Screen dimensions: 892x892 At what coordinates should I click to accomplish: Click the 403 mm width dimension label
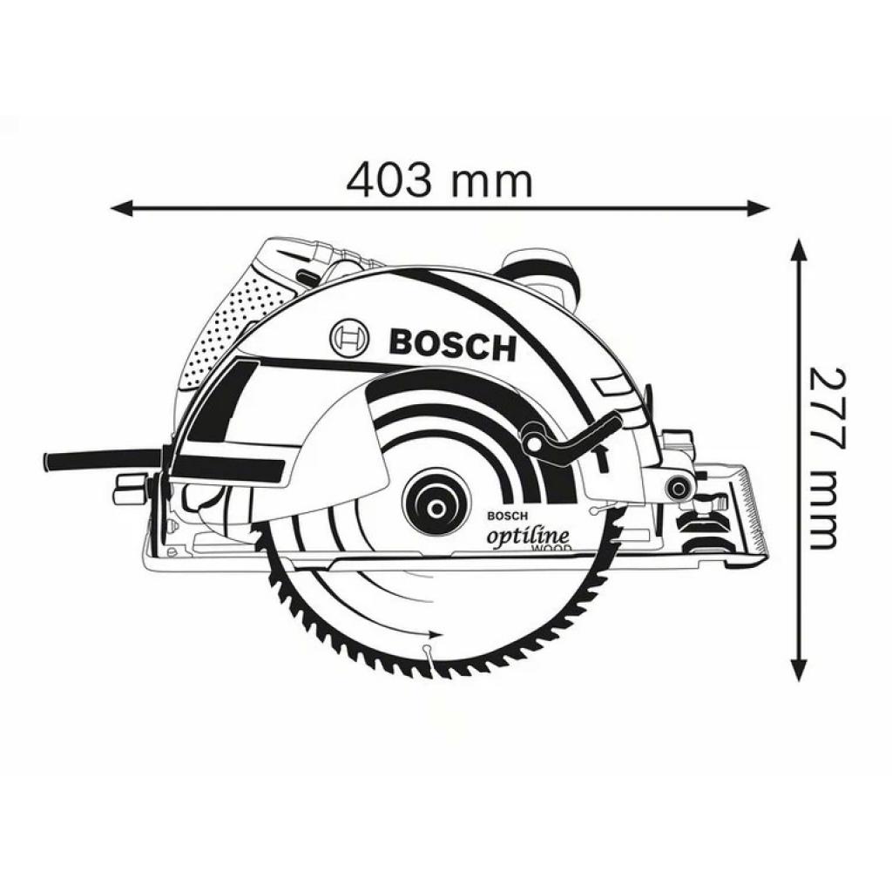tap(439, 180)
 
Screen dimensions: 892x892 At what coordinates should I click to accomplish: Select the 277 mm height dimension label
tap(824, 458)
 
